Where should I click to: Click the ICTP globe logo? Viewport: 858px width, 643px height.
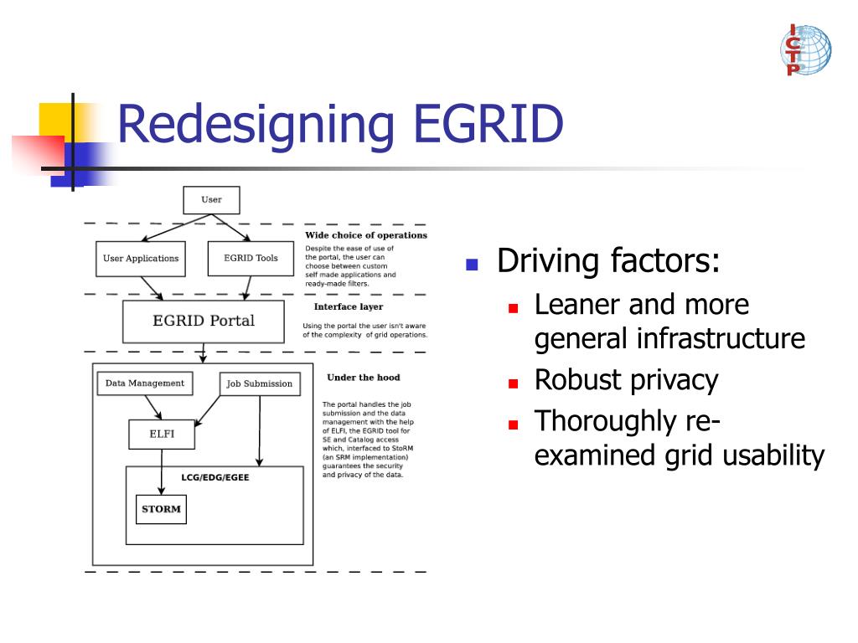(805, 50)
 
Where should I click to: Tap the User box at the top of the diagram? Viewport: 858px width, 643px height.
(211, 200)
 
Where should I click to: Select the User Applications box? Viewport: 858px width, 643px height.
(140, 258)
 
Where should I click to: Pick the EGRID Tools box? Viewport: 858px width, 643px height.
(251, 258)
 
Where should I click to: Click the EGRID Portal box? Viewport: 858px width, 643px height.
(203, 321)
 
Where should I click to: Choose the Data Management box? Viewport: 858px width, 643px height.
(144, 383)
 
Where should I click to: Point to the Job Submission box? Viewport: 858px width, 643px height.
(260, 384)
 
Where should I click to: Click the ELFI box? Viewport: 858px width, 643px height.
(162, 435)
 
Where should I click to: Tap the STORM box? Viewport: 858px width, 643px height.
(161, 509)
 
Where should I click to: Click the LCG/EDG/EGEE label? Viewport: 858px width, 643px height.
(215, 477)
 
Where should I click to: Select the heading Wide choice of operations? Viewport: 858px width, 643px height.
(366, 235)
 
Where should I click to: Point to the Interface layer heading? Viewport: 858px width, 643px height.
(348, 306)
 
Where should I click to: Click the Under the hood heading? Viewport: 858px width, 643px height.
(363, 378)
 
